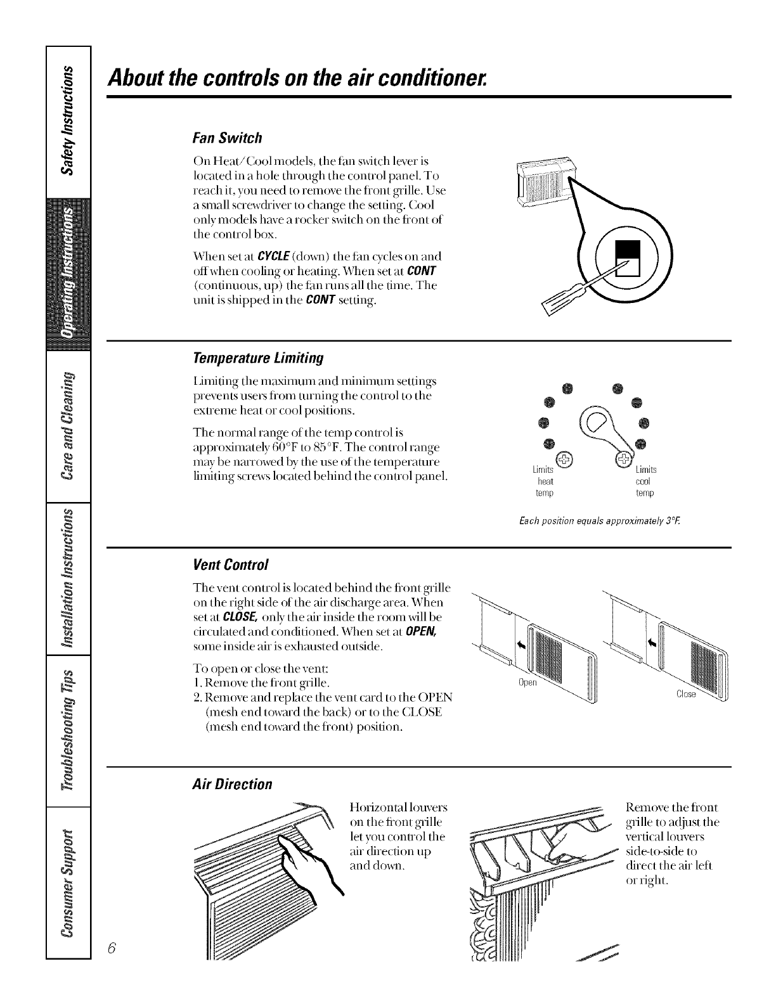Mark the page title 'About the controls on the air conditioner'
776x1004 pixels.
click(299, 79)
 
